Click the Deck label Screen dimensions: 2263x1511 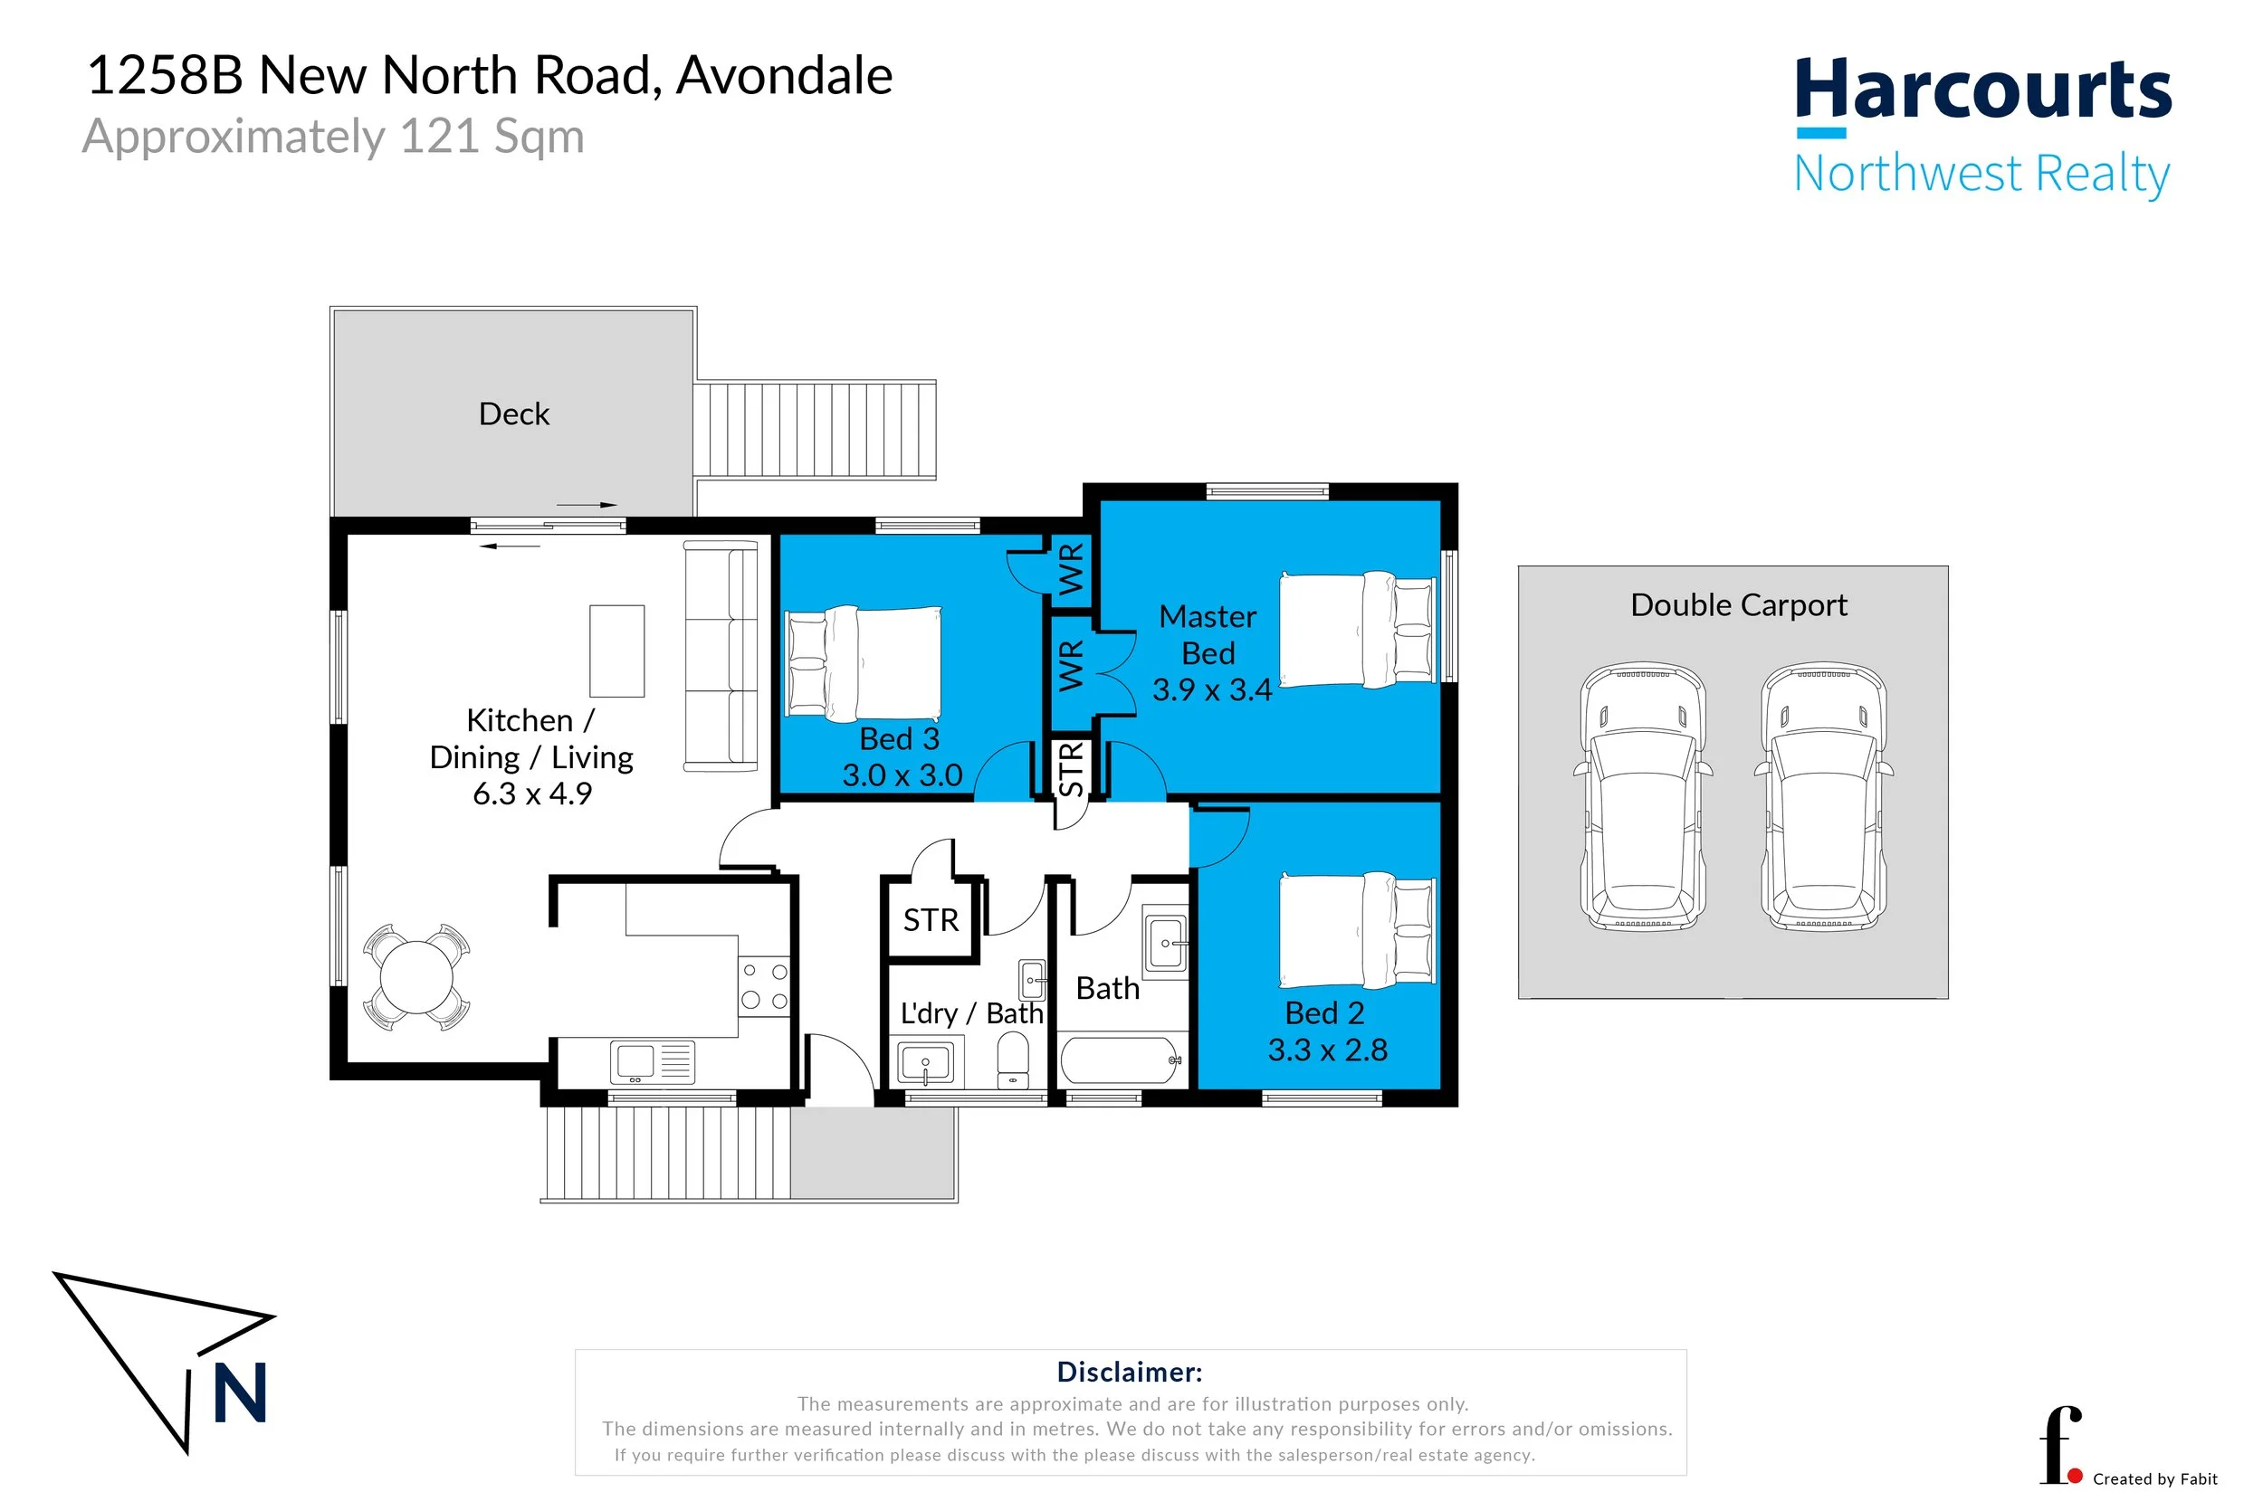(x=514, y=414)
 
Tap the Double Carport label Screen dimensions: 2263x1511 (x=1739, y=605)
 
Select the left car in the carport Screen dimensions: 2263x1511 (x=1642, y=796)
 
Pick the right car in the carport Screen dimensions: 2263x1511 (x=1823, y=796)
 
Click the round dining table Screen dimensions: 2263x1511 (x=416, y=977)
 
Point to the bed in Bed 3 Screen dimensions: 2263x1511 (x=864, y=664)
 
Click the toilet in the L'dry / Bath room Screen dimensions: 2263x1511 (x=1012, y=1057)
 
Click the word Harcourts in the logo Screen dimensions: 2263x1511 (x=1983, y=89)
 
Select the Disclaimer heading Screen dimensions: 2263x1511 (x=1130, y=1373)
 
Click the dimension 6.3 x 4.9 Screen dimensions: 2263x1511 (x=532, y=794)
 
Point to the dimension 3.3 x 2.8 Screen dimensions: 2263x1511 (x=1327, y=1050)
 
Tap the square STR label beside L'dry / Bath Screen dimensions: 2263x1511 (x=931, y=920)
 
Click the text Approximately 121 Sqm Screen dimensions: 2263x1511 (x=333, y=137)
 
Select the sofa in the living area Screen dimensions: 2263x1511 (x=720, y=656)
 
